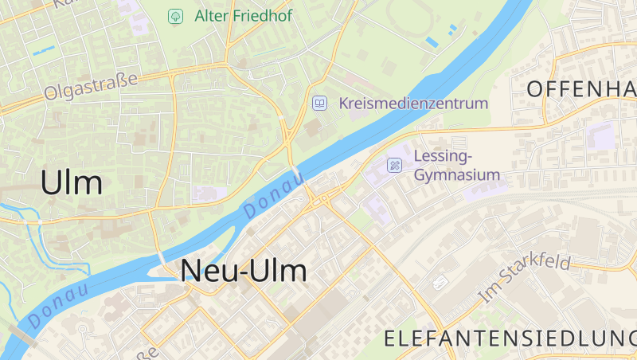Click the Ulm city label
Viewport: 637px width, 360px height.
point(72,182)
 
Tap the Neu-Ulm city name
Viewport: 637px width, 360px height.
point(243,271)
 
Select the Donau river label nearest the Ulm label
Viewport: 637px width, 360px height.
point(58,304)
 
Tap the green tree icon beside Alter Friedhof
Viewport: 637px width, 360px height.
point(175,16)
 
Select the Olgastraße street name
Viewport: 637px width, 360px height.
point(91,85)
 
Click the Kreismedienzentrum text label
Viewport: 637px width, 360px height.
point(412,104)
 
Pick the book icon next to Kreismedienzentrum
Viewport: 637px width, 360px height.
point(319,104)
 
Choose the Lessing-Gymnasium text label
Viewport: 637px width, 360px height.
point(457,165)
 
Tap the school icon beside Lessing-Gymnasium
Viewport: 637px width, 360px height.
point(394,166)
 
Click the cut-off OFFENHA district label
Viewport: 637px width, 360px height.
point(581,88)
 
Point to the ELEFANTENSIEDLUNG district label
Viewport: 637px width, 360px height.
point(510,338)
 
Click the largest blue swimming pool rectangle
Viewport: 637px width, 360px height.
point(432,41)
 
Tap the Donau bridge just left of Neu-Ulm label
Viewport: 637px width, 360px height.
point(162,260)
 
